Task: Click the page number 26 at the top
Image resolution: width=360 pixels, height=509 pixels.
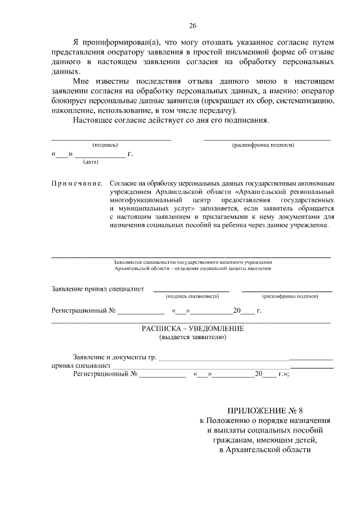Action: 192,26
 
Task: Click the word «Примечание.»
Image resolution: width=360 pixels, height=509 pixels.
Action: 76,183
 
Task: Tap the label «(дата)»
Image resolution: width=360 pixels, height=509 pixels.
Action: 90,162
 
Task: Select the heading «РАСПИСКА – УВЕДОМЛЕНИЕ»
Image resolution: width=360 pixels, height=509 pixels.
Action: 192,328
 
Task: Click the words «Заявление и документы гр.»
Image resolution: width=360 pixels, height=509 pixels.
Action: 115,357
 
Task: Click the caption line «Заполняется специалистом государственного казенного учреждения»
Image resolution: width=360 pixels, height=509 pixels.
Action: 192,262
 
